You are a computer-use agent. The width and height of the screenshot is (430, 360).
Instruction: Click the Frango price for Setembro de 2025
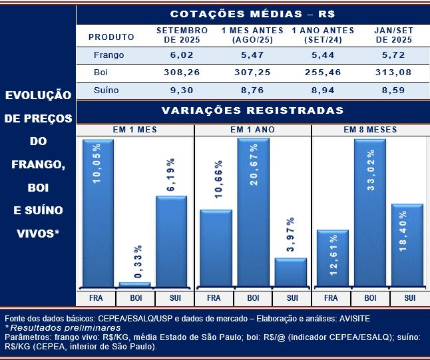pos(182,55)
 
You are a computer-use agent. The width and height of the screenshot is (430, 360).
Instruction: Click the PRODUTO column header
pos(111,37)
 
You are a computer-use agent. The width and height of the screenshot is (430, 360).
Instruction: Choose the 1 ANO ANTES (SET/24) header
pos(323,35)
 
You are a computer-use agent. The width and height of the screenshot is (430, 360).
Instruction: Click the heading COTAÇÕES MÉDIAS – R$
pos(252,14)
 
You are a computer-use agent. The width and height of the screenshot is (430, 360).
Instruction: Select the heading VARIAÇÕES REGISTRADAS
pos(252,110)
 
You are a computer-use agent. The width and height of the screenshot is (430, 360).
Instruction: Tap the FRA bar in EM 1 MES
pos(98,213)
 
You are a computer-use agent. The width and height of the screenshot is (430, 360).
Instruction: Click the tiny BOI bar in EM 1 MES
pos(135,285)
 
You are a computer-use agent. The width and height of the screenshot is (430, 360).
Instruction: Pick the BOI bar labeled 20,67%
pos(253,213)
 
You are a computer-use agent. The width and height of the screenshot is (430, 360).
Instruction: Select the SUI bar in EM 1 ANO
pos(291,273)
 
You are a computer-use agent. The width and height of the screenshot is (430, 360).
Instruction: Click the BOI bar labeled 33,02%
pos(370,213)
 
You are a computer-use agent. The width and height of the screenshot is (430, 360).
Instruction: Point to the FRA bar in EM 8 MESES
pos(332,259)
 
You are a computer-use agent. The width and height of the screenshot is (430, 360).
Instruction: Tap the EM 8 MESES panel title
pos(370,130)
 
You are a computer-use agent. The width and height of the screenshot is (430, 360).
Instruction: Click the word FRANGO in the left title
pos(38,164)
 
